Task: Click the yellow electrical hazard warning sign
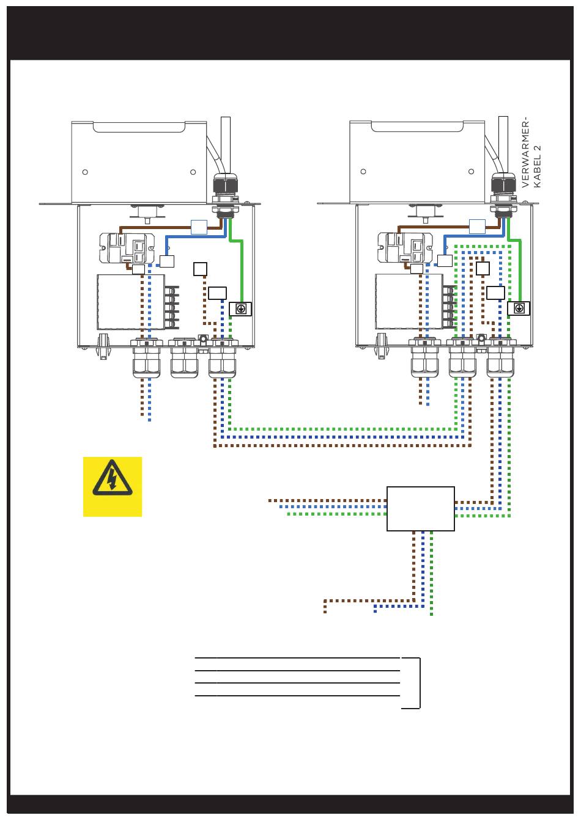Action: tap(113, 486)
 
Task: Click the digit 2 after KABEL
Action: tap(538, 148)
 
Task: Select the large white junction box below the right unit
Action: tap(421, 508)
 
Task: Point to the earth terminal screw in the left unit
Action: tap(240, 309)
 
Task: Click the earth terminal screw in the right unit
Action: tap(519, 308)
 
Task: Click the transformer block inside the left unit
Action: tap(131, 302)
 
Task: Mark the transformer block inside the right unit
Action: tap(409, 301)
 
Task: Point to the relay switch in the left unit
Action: tap(127, 248)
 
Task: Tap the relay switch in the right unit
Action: tap(405, 247)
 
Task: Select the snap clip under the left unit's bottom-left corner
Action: tap(103, 346)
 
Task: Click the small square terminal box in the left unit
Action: tap(200, 269)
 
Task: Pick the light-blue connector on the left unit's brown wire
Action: tap(199, 227)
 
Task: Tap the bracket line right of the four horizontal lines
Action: tap(420, 683)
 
